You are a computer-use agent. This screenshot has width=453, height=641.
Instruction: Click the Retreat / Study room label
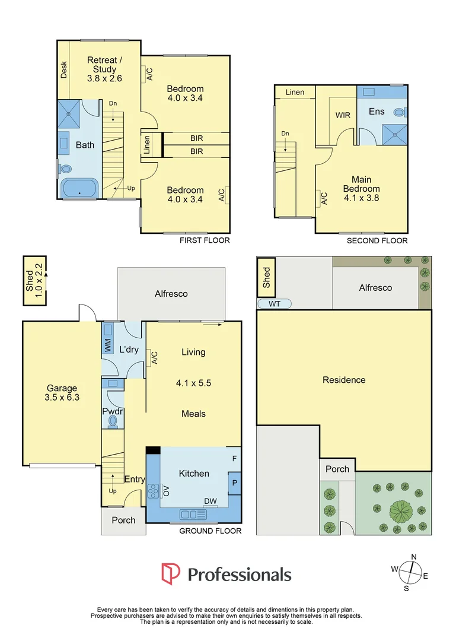pos(104,65)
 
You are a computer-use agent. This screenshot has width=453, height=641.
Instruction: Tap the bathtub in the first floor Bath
pos(79,188)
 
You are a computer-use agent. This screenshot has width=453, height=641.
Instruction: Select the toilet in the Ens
pos(400,112)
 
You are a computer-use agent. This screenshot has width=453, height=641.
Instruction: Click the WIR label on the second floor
pos(343,115)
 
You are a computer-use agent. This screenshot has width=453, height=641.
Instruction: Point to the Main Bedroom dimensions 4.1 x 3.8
pos(362,198)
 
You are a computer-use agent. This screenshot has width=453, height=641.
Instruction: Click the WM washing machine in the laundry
pos(108,339)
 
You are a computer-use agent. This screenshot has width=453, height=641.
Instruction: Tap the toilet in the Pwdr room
pos(113,421)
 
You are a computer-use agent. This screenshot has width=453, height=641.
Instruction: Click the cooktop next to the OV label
pos(154,491)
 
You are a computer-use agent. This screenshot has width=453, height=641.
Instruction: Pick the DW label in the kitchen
pos(210,501)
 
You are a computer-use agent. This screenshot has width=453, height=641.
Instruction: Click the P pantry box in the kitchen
pos(234,483)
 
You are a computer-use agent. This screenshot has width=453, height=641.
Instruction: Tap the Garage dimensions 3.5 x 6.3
pos(62,397)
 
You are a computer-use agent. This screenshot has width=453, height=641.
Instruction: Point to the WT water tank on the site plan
pos(274,304)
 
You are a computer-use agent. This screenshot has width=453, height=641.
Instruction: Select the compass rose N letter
pos(414,557)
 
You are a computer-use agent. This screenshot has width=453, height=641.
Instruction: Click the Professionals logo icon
pos(170,573)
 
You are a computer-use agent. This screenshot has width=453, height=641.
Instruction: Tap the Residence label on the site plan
pos(344,380)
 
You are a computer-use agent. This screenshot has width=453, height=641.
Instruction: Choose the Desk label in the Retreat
pos(63,70)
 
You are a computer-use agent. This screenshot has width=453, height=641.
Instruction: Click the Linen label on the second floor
pos(295,93)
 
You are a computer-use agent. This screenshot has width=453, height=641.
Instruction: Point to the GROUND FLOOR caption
pos(210,531)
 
